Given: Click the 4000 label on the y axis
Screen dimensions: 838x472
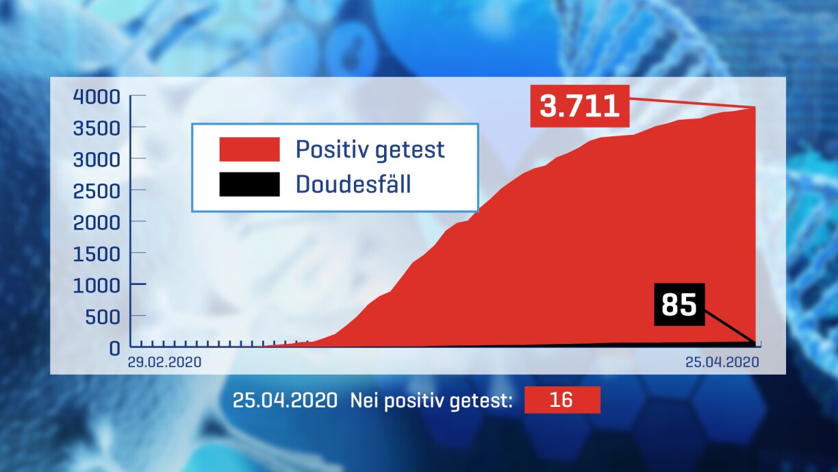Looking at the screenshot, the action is pyautogui.click(x=97, y=97).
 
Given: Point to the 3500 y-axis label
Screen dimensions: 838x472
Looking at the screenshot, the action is pyautogui.click(x=97, y=128).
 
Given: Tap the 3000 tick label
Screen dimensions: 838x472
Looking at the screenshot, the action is pyautogui.click(x=97, y=160).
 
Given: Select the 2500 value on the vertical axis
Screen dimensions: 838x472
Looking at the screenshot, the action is pyautogui.click(x=97, y=191).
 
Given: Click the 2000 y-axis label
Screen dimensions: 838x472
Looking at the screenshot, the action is pyautogui.click(x=97, y=223).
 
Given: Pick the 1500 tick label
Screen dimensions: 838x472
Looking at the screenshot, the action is pyautogui.click(x=97, y=254).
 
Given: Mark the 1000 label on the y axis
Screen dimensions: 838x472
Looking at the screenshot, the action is pyautogui.click(x=97, y=286).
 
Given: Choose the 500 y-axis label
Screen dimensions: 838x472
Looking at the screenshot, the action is pyautogui.click(x=103, y=317).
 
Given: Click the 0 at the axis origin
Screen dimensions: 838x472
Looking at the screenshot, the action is pyautogui.click(x=114, y=348).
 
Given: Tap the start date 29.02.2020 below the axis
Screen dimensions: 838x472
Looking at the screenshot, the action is pyautogui.click(x=164, y=362).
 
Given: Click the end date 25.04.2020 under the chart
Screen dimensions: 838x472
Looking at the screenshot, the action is pyautogui.click(x=722, y=362).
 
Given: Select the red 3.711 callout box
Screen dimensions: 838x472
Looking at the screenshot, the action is pyautogui.click(x=580, y=106).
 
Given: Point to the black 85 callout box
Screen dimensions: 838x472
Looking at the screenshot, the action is pyautogui.click(x=679, y=304).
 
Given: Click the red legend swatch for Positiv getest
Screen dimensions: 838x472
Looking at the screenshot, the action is pyautogui.click(x=249, y=149).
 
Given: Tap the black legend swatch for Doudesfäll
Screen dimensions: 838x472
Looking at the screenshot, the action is pyautogui.click(x=249, y=184).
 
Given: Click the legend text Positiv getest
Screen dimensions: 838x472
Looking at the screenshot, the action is pyautogui.click(x=370, y=150).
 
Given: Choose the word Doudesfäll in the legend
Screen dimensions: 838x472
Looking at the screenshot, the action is pyautogui.click(x=353, y=184).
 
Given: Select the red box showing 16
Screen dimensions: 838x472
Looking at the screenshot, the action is pyautogui.click(x=562, y=400).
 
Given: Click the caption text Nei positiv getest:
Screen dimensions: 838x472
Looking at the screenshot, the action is pyautogui.click(x=431, y=401).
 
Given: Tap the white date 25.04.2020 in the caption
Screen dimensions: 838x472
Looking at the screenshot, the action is pyautogui.click(x=285, y=400).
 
